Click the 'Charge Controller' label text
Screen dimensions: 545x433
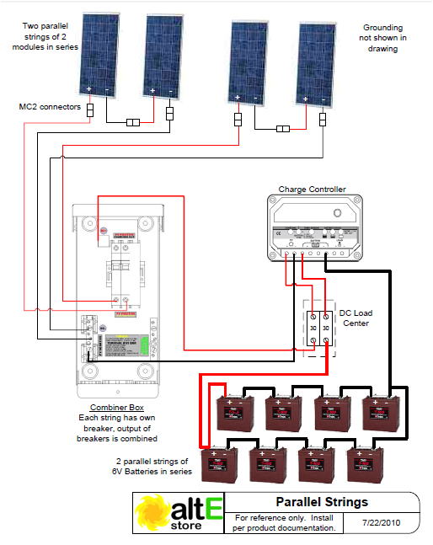(312, 190)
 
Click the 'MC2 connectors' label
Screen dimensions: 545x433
(50, 108)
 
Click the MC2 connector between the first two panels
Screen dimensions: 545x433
(132, 123)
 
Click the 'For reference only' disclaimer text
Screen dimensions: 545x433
(285, 522)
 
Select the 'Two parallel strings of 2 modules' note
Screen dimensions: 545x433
(45, 37)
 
